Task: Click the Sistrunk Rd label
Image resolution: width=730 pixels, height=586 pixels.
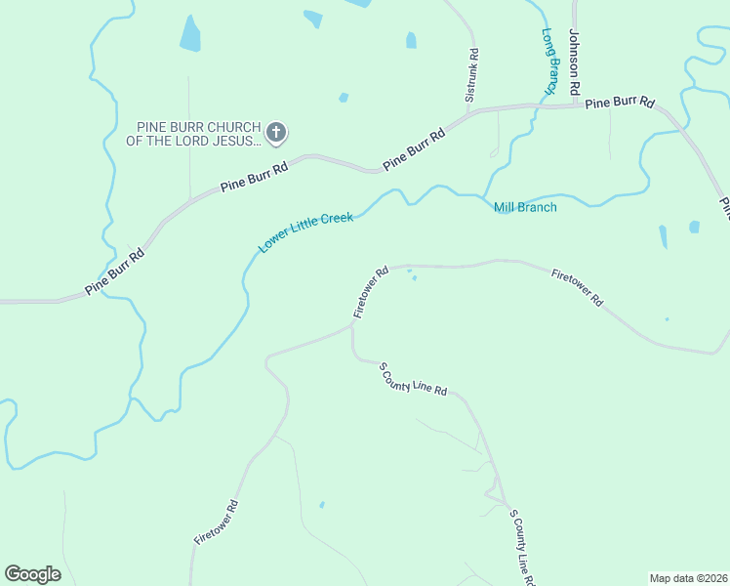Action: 471,76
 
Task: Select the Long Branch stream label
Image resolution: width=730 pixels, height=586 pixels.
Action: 550,61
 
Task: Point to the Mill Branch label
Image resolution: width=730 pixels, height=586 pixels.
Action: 525,207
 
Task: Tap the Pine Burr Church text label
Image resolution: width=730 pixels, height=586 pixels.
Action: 193,134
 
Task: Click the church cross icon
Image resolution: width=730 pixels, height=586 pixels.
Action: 276,133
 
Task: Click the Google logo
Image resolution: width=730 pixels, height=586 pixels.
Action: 32,574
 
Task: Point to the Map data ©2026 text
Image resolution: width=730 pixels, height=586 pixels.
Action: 687,578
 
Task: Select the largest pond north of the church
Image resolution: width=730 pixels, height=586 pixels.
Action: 190,35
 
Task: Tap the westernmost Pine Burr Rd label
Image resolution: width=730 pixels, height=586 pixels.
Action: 115,272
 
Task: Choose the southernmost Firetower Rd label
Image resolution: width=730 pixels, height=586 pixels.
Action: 216,523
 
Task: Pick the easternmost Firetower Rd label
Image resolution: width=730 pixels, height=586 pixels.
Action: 576,288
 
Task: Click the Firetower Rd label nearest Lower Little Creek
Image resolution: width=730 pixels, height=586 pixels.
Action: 371,291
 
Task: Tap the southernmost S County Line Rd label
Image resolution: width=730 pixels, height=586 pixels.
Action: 522,548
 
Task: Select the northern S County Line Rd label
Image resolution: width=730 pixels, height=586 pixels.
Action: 412,378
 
